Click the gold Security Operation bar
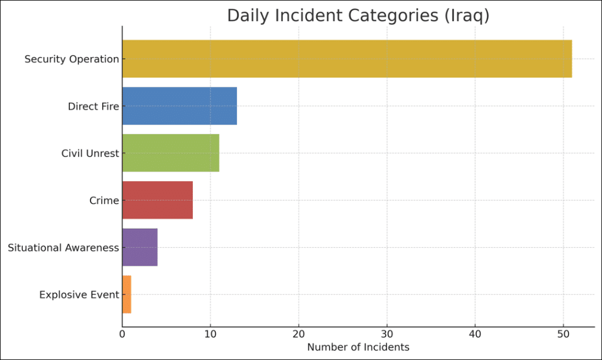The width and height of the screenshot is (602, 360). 347,59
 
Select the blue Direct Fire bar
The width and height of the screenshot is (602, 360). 179,106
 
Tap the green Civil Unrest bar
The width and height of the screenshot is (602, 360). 170,153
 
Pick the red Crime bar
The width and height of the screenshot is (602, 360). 158,200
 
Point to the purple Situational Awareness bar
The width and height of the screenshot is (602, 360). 140,247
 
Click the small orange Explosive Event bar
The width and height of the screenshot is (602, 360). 126,294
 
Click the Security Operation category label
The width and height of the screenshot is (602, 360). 71,59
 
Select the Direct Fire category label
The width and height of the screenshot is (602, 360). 93,106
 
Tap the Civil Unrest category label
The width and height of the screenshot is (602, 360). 90,154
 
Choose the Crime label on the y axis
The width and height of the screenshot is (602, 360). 104,201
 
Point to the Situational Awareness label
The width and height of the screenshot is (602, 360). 63,248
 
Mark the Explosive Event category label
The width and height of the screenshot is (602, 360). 79,295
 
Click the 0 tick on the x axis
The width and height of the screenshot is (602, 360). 122,335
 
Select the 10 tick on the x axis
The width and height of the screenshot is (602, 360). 210,335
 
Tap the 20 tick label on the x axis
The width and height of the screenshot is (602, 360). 299,335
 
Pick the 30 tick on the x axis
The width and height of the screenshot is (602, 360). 387,335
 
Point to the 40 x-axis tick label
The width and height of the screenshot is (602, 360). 475,335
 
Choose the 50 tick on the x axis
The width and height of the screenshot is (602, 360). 563,335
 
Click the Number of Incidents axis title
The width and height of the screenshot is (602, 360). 358,347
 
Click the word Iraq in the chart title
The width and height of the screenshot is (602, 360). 467,16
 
